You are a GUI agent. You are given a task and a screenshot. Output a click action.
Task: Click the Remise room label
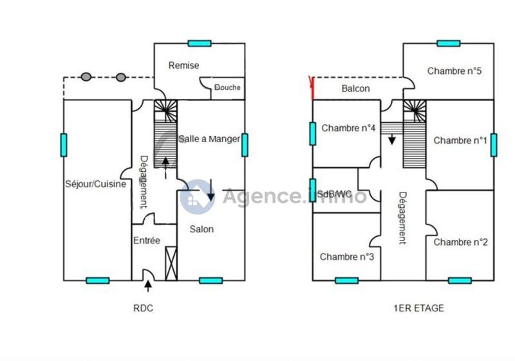click(183, 65)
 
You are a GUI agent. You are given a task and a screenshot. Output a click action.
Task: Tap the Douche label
click(227, 88)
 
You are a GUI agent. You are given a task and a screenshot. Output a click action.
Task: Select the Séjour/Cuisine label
click(95, 185)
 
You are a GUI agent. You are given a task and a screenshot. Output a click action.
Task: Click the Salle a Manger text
click(209, 138)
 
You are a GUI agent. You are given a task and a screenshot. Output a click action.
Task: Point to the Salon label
click(201, 228)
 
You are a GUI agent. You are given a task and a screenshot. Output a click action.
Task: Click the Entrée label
click(147, 241)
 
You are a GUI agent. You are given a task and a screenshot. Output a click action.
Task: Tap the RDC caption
click(143, 308)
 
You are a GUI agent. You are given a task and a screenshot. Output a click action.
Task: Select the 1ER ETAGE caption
click(418, 308)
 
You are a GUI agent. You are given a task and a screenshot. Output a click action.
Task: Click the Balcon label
click(355, 89)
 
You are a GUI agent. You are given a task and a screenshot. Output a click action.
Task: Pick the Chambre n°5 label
click(454, 71)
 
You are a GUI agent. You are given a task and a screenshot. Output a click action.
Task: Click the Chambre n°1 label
click(460, 140)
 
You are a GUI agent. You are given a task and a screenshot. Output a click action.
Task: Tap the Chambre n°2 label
click(460, 242)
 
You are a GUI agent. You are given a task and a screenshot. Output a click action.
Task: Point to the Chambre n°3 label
click(347, 257)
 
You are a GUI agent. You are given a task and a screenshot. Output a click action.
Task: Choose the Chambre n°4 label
click(348, 128)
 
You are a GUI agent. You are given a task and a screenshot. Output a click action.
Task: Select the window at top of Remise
click(200, 43)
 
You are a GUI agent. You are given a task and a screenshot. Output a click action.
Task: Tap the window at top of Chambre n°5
click(448, 43)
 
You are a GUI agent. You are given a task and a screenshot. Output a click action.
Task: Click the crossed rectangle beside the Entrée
click(171, 263)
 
